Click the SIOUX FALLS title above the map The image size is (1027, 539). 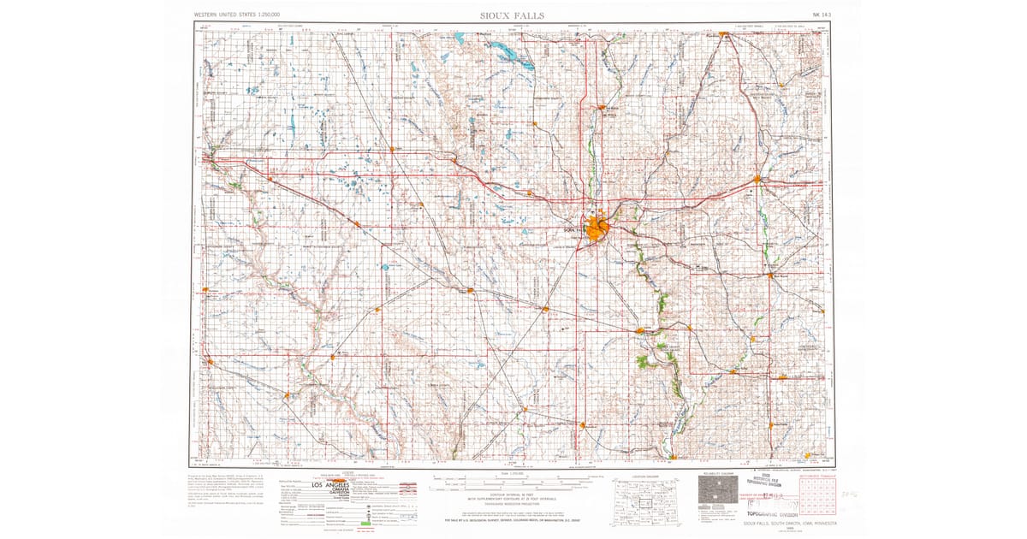pyautogui.click(x=512, y=15)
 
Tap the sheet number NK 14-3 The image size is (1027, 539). pyautogui.click(x=822, y=15)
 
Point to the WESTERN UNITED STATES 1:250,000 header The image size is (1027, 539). pyautogui.click(x=247, y=15)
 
